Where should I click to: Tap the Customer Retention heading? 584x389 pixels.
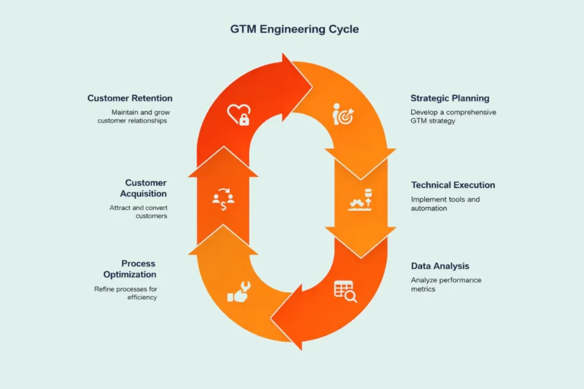coord(130,99)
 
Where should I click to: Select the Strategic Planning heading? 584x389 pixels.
coord(450,99)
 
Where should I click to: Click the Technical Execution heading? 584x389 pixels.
coord(453,185)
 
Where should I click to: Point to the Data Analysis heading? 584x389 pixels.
coord(440,266)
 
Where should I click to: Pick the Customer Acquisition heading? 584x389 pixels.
coord(146,188)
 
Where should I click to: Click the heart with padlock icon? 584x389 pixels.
coord(238,114)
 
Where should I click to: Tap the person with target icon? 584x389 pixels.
coord(343,116)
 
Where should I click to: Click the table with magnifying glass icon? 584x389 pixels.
coord(345,291)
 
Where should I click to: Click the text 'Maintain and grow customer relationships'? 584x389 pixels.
coord(133,116)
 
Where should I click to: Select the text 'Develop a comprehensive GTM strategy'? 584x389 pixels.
coord(453,116)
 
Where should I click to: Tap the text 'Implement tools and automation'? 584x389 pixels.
coord(445,204)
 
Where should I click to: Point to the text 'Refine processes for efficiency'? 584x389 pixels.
coord(126,293)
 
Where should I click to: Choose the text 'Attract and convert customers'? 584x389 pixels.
coord(139,212)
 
